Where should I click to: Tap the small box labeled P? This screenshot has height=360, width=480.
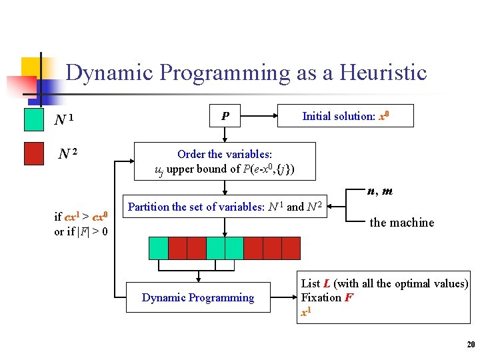pyautogui.click(x=225, y=116)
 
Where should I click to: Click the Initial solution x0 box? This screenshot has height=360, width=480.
pyautogui.click(x=345, y=116)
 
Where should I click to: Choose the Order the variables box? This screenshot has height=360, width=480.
pyautogui.click(x=225, y=161)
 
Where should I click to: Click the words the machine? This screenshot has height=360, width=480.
pyautogui.click(x=401, y=223)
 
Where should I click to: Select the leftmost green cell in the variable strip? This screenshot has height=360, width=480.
pyautogui.click(x=158, y=248)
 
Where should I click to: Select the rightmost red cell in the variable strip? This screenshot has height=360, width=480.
pyautogui.click(x=291, y=248)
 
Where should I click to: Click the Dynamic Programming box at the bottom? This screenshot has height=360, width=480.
pyautogui.click(x=198, y=297)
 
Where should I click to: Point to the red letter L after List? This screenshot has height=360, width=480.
pyautogui.click(x=327, y=283)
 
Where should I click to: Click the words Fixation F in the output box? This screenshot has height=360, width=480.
pyautogui.click(x=327, y=297)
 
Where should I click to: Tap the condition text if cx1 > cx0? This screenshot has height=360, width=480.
pyautogui.click(x=80, y=217)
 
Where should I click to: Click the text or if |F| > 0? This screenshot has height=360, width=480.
pyautogui.click(x=81, y=232)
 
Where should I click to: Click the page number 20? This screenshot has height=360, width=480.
pyautogui.click(x=470, y=345)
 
